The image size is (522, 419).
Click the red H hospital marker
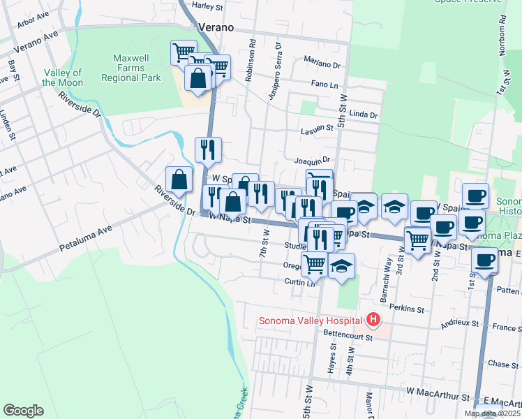[373, 321]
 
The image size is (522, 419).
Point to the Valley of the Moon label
[62, 78]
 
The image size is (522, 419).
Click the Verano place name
[216, 27]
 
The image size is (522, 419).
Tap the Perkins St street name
[407, 308]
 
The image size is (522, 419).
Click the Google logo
[23, 410]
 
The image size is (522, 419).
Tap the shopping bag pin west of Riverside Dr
[179, 179]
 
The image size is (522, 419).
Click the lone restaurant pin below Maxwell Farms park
[208, 149]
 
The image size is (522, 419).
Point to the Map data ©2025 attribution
[493, 413]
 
